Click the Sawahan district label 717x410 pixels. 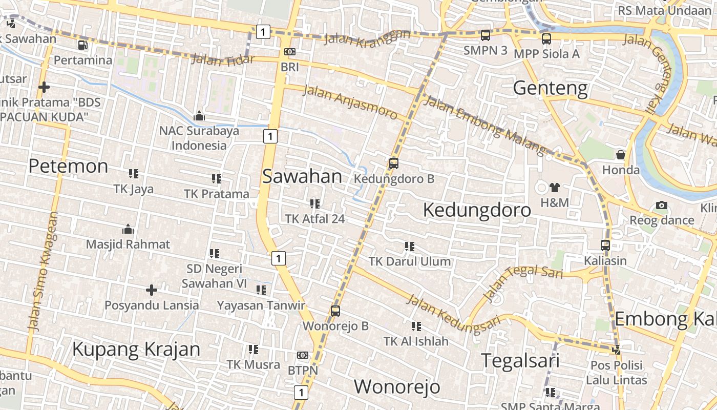(302, 176)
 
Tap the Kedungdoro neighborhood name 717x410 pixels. (477, 210)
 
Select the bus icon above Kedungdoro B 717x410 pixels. (393, 163)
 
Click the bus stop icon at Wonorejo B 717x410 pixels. (335, 311)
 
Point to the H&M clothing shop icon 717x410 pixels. (554, 188)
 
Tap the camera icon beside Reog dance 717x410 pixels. (662, 206)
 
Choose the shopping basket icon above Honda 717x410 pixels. (621, 155)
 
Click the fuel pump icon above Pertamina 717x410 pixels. (82, 45)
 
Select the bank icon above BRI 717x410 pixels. (290, 52)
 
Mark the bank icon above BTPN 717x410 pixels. (303, 355)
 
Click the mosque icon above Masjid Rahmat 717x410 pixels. (128, 229)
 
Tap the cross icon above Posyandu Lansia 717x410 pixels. (152, 290)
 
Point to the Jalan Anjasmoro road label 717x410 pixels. (350, 102)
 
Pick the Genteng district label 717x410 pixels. (550, 88)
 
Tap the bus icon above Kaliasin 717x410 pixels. (605, 245)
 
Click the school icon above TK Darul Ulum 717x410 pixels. (409, 247)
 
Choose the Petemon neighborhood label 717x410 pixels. (68, 166)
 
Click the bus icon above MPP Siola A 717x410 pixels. (546, 38)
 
